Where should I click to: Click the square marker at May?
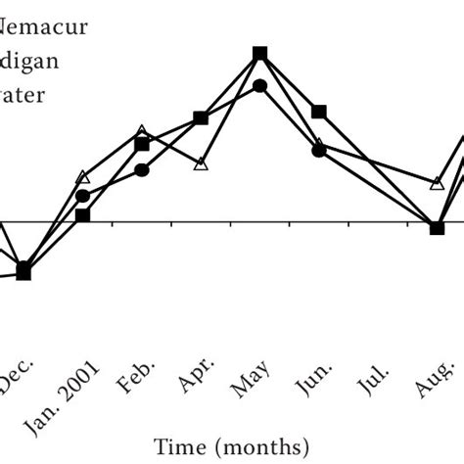[x=259, y=54]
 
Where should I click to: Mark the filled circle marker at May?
[x=259, y=86]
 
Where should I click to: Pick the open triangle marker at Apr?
[x=201, y=163]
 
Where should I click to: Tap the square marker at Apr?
[x=201, y=118]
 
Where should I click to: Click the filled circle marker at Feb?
[x=142, y=170]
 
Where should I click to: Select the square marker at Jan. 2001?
[x=83, y=214]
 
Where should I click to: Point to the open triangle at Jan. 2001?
[x=83, y=178]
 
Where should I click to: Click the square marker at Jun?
[x=319, y=113]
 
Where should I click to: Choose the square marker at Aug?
[x=438, y=228]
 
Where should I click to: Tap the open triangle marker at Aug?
[x=438, y=183]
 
